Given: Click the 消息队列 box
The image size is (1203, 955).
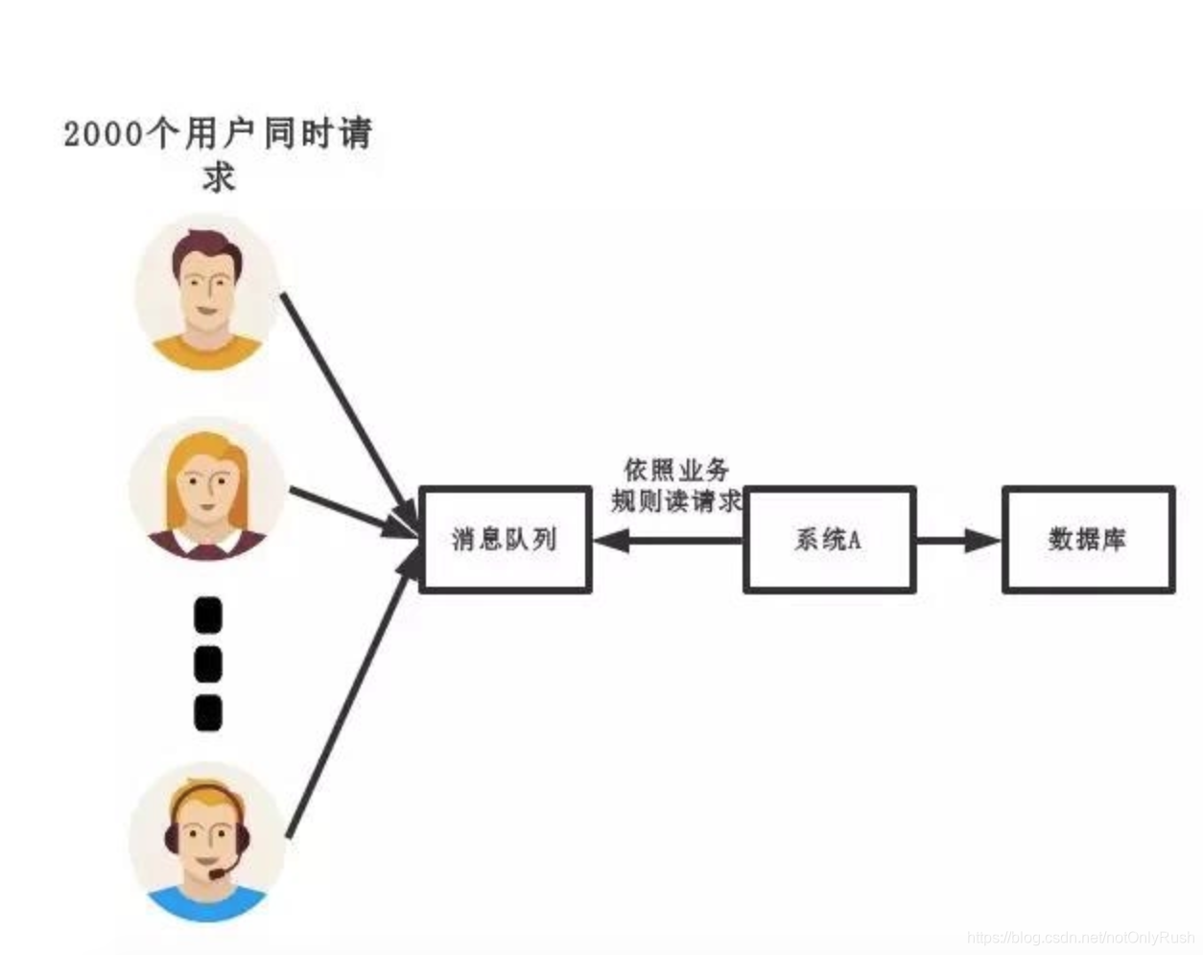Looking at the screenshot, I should tap(505, 539).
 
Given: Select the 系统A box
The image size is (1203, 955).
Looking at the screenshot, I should tap(829, 539).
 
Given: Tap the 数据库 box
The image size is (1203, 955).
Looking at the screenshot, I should tap(1088, 539).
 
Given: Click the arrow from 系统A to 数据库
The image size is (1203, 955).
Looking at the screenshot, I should tap(957, 540).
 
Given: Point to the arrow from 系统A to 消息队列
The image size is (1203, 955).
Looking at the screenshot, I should tap(668, 540).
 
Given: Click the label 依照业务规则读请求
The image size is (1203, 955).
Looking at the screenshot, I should tap(677, 485).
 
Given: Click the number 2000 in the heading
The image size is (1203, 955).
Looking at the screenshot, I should tap(104, 133).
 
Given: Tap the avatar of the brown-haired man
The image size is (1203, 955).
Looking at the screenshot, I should tap(205, 291).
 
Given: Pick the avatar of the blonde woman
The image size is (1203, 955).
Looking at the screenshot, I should tap(206, 487).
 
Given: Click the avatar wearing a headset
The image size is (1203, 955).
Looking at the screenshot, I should tap(206, 842).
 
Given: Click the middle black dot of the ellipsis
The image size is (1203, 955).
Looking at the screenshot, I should tap(208, 664).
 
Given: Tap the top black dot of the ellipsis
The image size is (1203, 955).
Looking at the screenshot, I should tap(208, 616).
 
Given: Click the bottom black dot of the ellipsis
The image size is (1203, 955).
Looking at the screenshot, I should tap(208, 712).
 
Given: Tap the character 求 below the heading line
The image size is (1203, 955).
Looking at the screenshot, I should tap(219, 177).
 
